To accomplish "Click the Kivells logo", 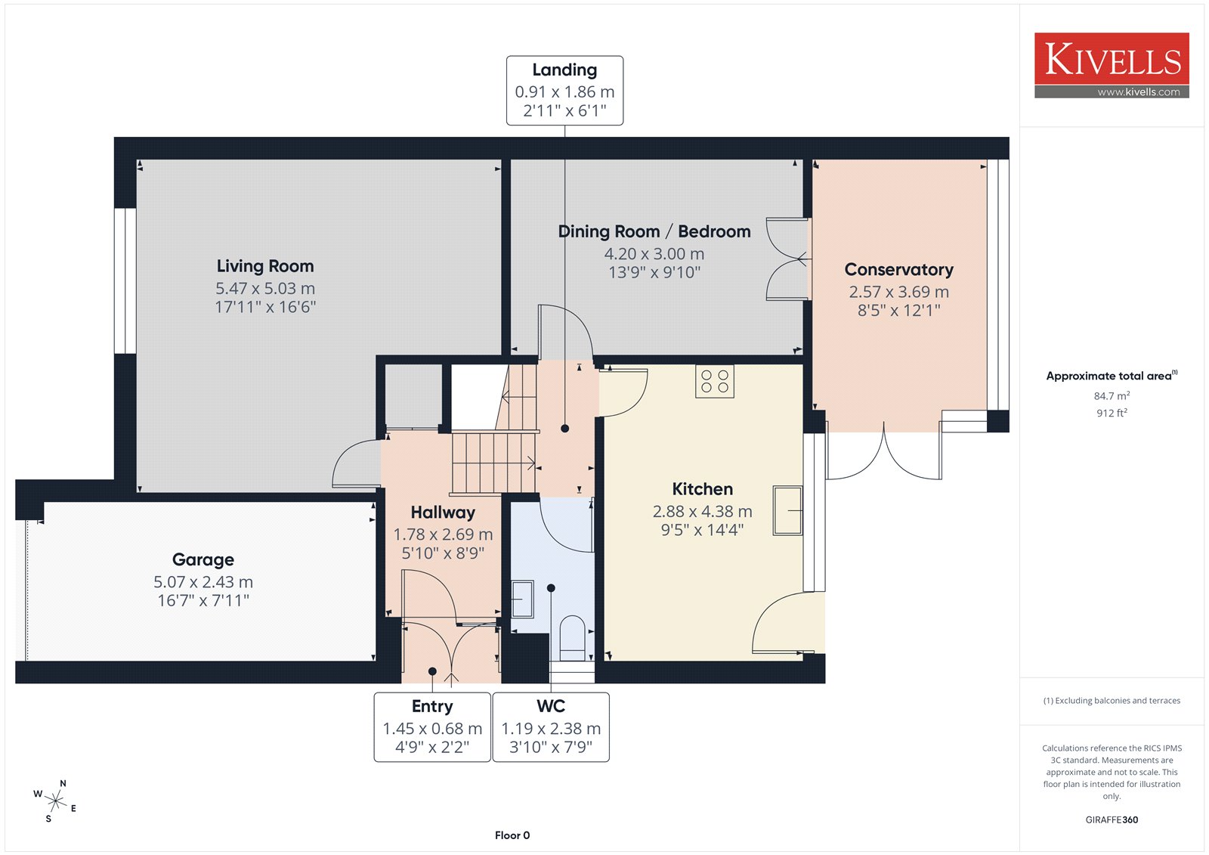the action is [x=1112, y=65].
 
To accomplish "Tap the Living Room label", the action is [x=265, y=266].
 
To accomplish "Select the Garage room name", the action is [x=203, y=559].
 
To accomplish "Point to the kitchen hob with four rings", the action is [x=715, y=381].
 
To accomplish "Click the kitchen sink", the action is [x=787, y=510].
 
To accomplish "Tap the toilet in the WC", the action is [x=572, y=638].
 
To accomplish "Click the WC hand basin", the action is [x=522, y=599].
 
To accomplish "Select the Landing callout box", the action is [x=564, y=91].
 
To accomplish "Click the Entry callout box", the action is [x=432, y=727].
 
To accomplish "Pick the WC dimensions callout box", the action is [x=551, y=727].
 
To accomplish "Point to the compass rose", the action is [x=55, y=801].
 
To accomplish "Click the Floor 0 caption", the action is [x=512, y=835].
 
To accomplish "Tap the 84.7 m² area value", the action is [x=1112, y=395].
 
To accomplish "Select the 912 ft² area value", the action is [x=1112, y=413].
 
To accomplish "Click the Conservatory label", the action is [x=898, y=270].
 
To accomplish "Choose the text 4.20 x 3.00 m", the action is [x=654, y=253].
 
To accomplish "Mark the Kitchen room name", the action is [x=702, y=489].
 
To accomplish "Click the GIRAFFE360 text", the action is [x=1112, y=819].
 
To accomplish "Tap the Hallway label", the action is [x=443, y=513].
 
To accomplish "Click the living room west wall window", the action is [x=125, y=281].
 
